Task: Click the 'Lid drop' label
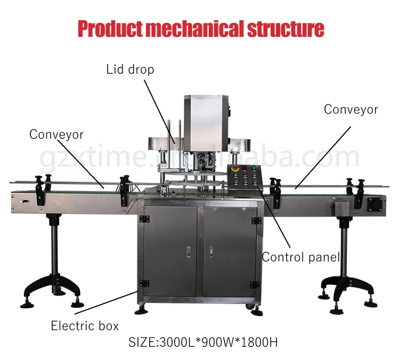[x=130, y=69]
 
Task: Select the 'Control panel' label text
[x=300, y=258]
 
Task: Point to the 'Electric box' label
[x=85, y=325]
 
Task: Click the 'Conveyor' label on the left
[x=56, y=134]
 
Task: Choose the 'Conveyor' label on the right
[x=351, y=109]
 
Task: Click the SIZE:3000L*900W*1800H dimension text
[x=203, y=342]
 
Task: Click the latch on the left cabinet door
[x=188, y=251]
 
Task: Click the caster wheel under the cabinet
[x=248, y=306]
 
